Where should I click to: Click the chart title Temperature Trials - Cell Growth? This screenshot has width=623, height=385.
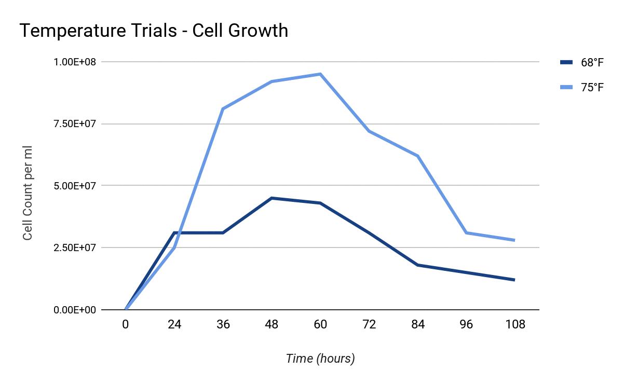[154, 31]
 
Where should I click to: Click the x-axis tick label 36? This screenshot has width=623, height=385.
[223, 325]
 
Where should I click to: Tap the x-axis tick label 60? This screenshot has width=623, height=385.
[320, 325]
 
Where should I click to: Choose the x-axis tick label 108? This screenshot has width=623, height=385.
[514, 325]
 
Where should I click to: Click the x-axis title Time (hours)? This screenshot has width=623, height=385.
[320, 359]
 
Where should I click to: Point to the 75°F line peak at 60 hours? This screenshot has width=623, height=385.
[320, 74]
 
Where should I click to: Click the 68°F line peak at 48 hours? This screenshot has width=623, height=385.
[272, 198]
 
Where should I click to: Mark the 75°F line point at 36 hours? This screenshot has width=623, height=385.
[223, 108]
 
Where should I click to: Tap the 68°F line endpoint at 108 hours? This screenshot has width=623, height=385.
[514, 280]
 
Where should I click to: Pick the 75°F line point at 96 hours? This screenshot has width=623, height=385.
[466, 232]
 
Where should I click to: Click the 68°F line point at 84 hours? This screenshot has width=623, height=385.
[417, 265]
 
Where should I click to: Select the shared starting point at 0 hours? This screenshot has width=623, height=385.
[126, 309]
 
